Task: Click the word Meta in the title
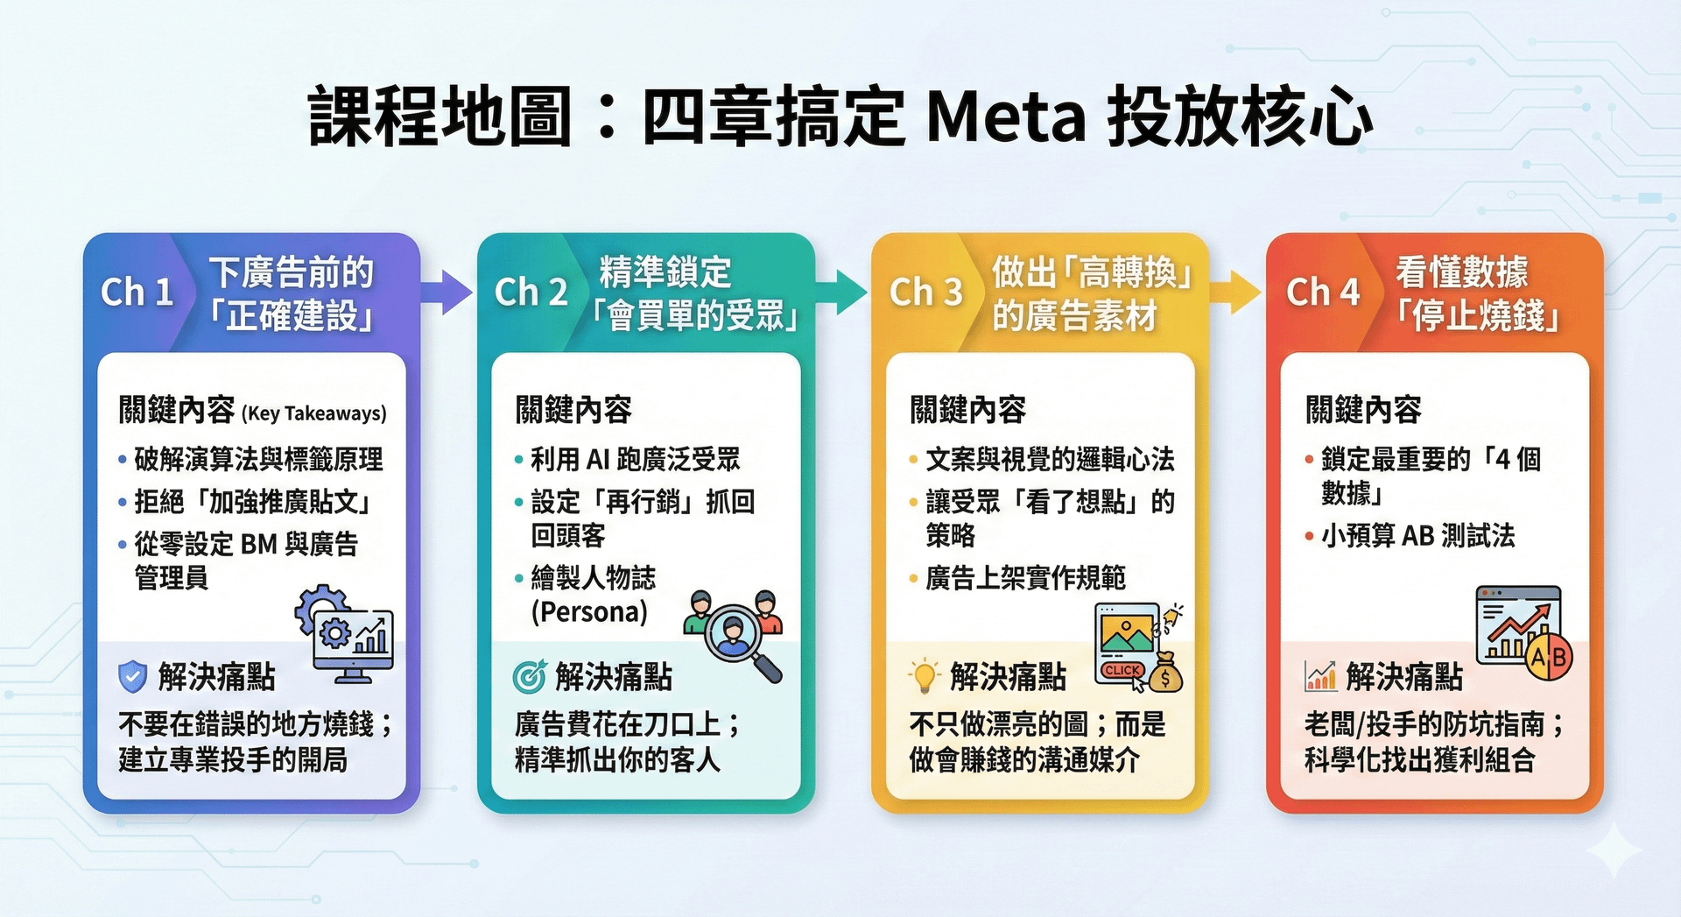(1006, 116)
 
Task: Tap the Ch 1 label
(137, 293)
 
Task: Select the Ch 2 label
(531, 293)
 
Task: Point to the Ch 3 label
(925, 293)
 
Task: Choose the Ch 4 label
(1322, 293)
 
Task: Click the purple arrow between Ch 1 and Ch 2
(447, 292)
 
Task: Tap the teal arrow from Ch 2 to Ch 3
(841, 292)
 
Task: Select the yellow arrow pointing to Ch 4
(1235, 292)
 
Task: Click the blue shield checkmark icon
(132, 676)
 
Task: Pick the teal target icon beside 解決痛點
(529, 676)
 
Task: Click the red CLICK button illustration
(1122, 670)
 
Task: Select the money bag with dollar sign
(1165, 673)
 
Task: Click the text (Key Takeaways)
(314, 413)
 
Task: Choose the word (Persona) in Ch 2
(589, 611)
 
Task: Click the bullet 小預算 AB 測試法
(1417, 535)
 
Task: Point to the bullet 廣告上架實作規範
(1025, 578)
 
